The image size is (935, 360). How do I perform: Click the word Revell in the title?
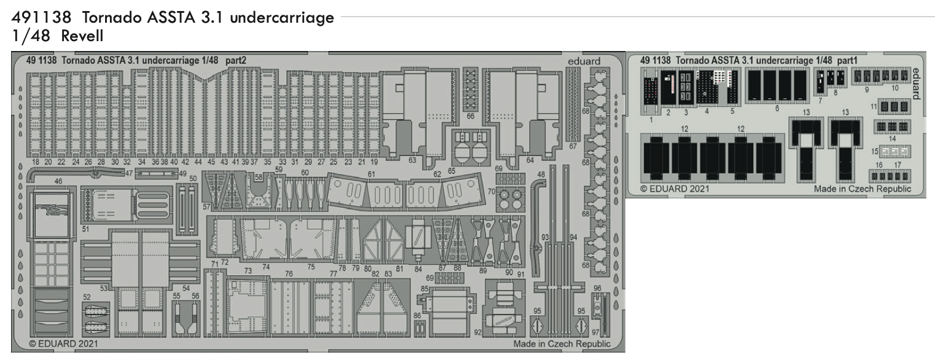tap(82, 36)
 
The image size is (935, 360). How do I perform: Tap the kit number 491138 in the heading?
tap(41, 18)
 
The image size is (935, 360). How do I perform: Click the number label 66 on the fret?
tap(471, 117)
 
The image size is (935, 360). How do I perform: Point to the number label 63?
tap(412, 160)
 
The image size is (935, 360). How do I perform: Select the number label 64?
tap(530, 160)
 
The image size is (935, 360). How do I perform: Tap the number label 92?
tap(478, 332)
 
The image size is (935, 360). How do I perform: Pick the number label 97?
tap(596, 332)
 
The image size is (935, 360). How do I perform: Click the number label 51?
tap(85, 229)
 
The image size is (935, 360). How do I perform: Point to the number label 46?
tap(58, 181)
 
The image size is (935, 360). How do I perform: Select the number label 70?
tap(491, 192)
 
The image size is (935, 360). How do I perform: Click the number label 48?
tap(541, 174)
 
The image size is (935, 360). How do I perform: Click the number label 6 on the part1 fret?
tap(777, 108)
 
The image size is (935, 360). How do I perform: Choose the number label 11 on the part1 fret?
tap(874, 107)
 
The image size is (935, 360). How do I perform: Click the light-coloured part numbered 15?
tap(895, 151)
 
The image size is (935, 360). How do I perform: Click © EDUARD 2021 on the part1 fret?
tap(675, 189)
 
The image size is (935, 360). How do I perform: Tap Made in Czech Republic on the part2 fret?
tap(562, 344)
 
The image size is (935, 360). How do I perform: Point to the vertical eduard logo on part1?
tap(916, 84)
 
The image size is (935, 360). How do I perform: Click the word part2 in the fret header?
tap(236, 61)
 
